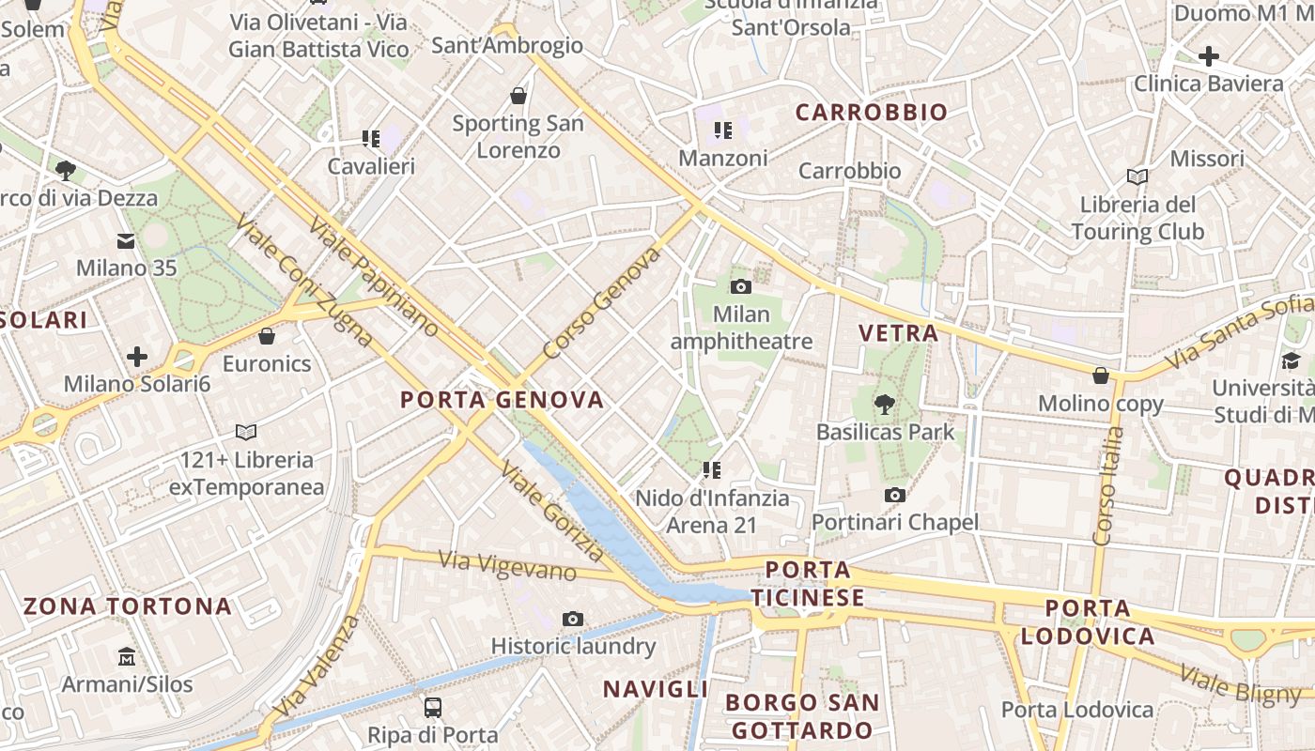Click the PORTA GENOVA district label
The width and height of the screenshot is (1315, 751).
tap(502, 400)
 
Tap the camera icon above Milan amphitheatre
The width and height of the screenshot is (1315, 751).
tap(741, 286)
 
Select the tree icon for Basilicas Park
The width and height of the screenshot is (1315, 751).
tap(884, 405)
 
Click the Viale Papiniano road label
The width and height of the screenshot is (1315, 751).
tap(373, 279)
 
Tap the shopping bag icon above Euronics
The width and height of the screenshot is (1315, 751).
tap(267, 336)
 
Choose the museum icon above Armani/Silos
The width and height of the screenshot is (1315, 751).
tap(127, 656)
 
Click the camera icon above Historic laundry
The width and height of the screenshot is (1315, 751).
tap(573, 619)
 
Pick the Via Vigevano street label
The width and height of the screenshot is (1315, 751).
tap(507, 565)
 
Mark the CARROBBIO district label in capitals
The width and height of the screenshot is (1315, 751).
tap(872, 113)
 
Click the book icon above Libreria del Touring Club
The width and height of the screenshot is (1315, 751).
tap(1137, 176)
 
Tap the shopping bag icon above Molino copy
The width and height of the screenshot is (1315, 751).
tap(1101, 376)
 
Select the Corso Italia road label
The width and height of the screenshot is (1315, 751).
tap(1108, 485)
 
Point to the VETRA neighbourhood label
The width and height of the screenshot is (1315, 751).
tap(899, 333)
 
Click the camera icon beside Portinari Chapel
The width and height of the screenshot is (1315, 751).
tap(895, 495)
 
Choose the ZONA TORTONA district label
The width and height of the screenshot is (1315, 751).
tap(128, 605)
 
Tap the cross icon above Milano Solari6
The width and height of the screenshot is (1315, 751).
tap(137, 357)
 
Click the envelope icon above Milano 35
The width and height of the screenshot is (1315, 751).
tap(126, 241)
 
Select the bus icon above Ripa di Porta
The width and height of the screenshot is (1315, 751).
tap(433, 707)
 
